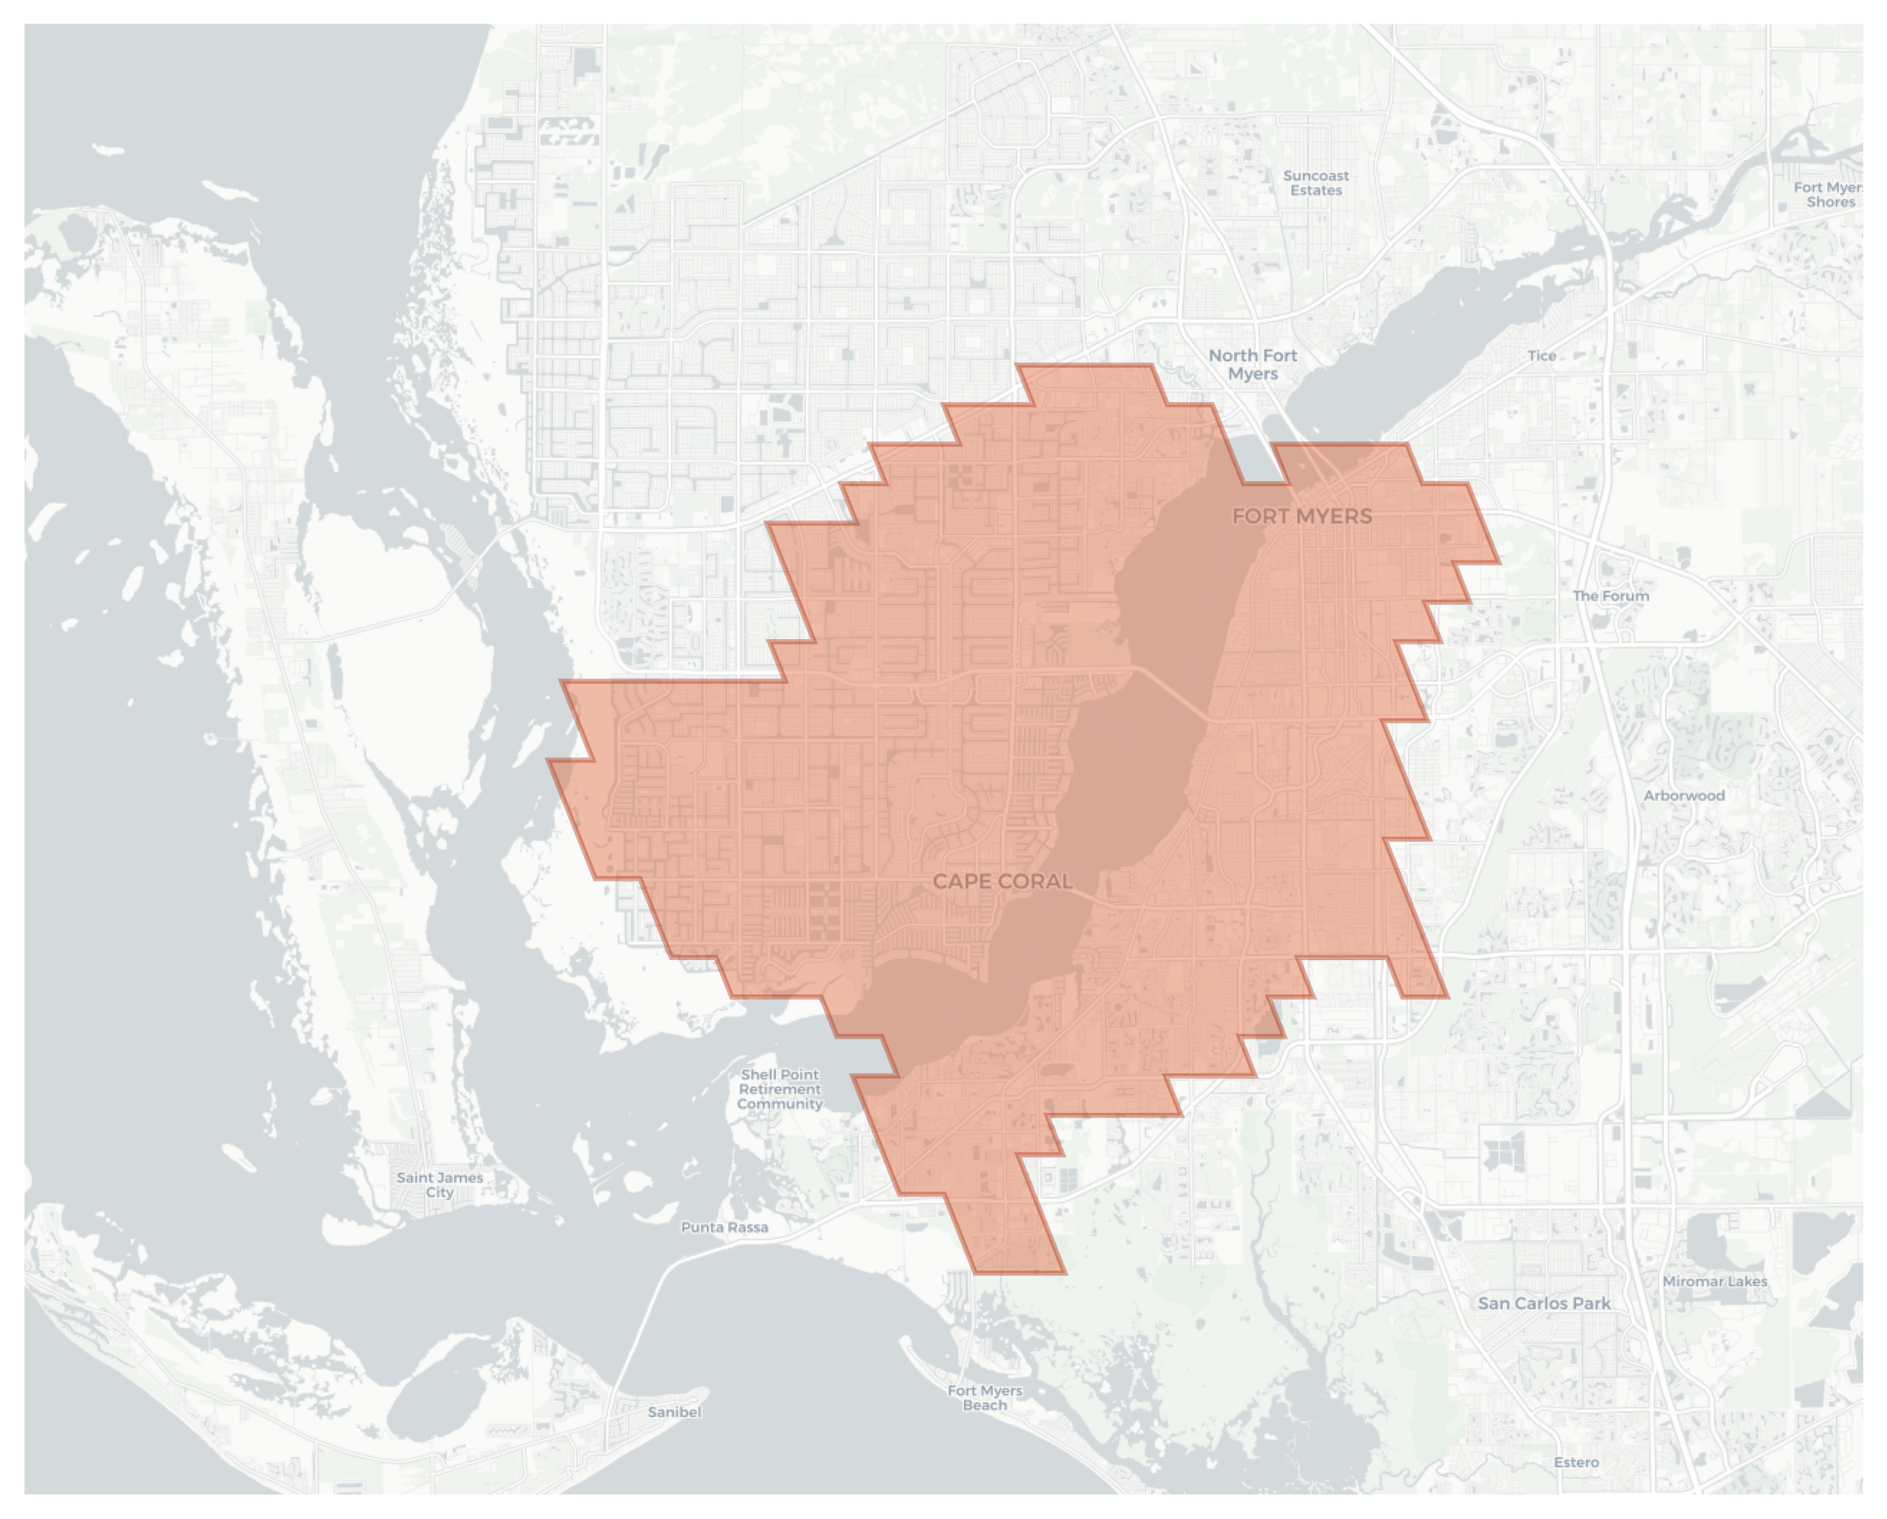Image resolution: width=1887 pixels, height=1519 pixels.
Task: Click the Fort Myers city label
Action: pyautogui.click(x=1302, y=516)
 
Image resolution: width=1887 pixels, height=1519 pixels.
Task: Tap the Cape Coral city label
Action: pyautogui.click(x=1002, y=881)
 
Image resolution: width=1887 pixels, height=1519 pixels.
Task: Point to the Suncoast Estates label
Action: pyautogui.click(x=1316, y=183)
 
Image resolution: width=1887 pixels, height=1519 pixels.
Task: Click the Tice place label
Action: pyautogui.click(x=1541, y=356)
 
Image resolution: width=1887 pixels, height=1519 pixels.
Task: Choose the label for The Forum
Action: pyautogui.click(x=1611, y=596)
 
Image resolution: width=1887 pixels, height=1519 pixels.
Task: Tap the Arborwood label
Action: pyautogui.click(x=1683, y=795)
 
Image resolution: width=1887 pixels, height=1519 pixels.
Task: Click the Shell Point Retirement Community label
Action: pyautogui.click(x=779, y=1089)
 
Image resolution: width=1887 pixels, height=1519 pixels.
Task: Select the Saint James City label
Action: pyautogui.click(x=440, y=1185)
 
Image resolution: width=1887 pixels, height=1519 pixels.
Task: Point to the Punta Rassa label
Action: pyautogui.click(x=725, y=1227)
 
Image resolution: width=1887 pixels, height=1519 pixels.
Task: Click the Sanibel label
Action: pyautogui.click(x=674, y=1411)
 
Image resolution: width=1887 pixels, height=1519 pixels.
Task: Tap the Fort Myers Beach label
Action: pyautogui.click(x=985, y=1397)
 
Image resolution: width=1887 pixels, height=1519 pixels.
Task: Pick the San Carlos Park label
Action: pyautogui.click(x=1544, y=1302)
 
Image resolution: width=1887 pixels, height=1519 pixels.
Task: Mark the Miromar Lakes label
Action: pyautogui.click(x=1714, y=1281)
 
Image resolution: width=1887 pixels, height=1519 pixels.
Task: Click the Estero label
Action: pyautogui.click(x=1576, y=1462)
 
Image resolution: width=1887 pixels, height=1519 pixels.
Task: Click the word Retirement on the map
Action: pyautogui.click(x=780, y=1089)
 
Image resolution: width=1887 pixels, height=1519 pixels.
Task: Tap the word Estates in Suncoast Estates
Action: pyautogui.click(x=1316, y=190)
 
